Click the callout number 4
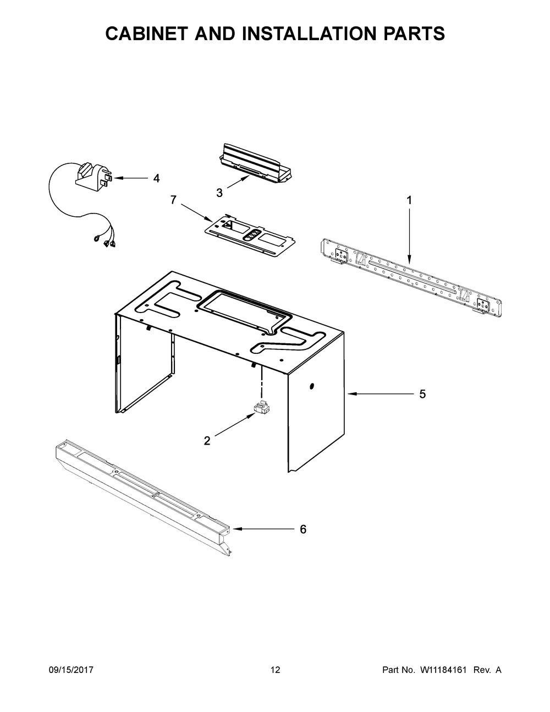tap(156, 178)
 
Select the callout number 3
tap(219, 193)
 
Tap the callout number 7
tap(173, 200)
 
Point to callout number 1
tap(409, 201)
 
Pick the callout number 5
tap(422, 394)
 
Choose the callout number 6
tap(302, 529)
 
